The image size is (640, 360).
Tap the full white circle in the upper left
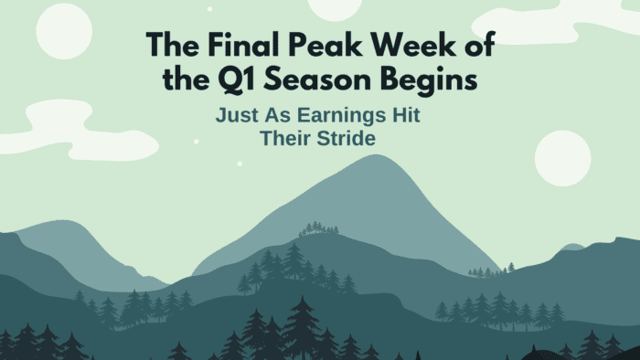click(64, 30)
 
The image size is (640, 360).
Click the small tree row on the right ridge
click(491, 270)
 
